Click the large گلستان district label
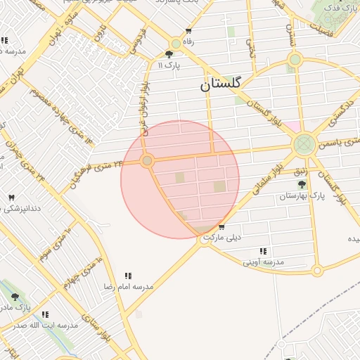pyautogui.click(x=219, y=84)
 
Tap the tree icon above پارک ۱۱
pyautogui.click(x=169, y=54)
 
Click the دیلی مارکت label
pyautogui.click(x=221, y=238)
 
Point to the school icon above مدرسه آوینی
pyautogui.click(x=263, y=251)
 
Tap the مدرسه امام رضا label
pyautogui.click(x=129, y=287)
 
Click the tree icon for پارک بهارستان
pyautogui.click(x=302, y=184)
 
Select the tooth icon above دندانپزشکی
pyautogui.click(x=10, y=198)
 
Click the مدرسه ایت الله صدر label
pyautogui.click(x=46, y=326)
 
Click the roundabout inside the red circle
pyautogui.click(x=147, y=161)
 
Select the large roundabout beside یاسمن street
pyautogui.click(x=304, y=146)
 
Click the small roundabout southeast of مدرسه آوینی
pyautogui.click(x=317, y=270)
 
